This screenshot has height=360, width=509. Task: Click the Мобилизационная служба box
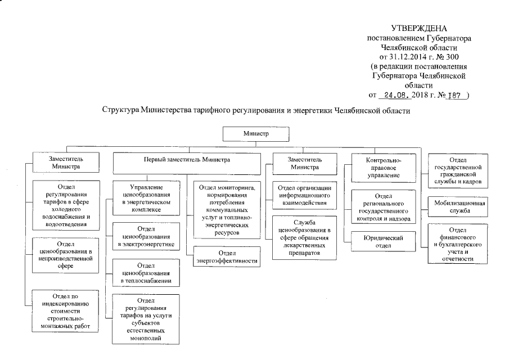(x=459, y=206)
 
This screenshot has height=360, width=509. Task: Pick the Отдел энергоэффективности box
(x=227, y=257)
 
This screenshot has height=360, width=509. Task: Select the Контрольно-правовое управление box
(x=380, y=168)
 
